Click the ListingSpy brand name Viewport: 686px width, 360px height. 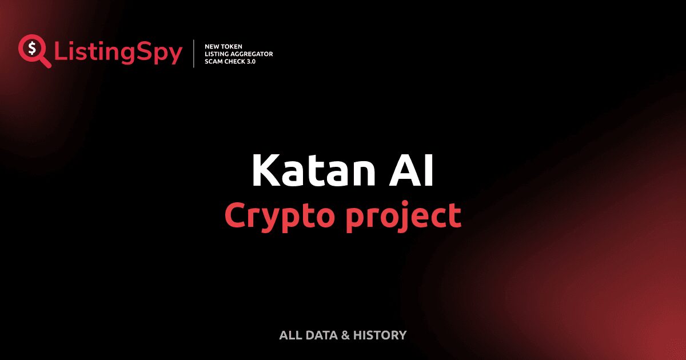tap(118, 53)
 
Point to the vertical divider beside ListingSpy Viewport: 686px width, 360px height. tap(195, 54)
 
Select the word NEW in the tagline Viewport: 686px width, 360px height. tap(212, 46)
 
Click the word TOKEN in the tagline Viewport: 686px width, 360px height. tap(233, 46)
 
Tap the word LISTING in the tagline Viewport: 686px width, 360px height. tap(217, 54)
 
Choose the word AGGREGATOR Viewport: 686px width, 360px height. tap(253, 54)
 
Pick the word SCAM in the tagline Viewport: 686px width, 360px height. tap(214, 61)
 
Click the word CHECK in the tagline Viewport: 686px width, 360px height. tap(236, 61)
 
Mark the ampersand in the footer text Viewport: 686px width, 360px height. tap(345, 335)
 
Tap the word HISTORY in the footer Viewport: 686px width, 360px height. tap(380, 335)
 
